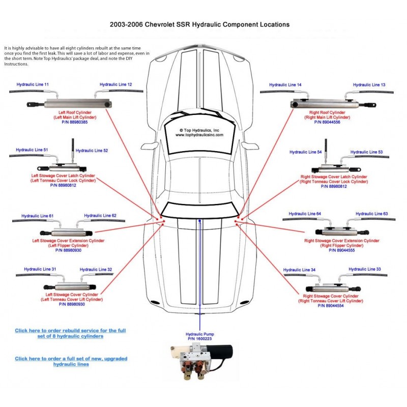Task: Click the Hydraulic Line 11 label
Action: coord(33,84)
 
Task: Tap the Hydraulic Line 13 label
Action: coord(369,84)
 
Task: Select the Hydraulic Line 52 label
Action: coord(92,151)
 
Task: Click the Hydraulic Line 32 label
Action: coord(96,270)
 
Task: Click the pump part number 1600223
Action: coord(200,338)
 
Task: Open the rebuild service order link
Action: coord(70,333)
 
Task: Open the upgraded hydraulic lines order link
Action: coord(71,361)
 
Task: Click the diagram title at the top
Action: coord(200,24)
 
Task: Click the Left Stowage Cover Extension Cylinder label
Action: coord(69,241)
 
